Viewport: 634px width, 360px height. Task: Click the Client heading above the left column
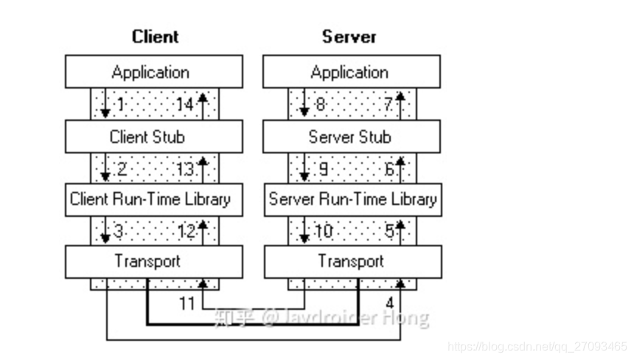pyautogui.click(x=155, y=36)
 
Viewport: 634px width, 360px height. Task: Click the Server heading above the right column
pyautogui.click(x=349, y=36)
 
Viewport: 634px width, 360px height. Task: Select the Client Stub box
pyautogui.click(x=153, y=136)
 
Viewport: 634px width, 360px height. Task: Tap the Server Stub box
pyautogui.click(x=352, y=136)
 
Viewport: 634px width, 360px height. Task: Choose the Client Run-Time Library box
pyautogui.click(x=153, y=199)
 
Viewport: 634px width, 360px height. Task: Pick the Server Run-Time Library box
pyautogui.click(x=352, y=199)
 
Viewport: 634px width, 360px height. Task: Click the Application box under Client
pyautogui.click(x=153, y=72)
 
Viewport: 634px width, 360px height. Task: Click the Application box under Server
pyautogui.click(x=352, y=72)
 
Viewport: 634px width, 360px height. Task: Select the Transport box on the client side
pyautogui.click(x=153, y=261)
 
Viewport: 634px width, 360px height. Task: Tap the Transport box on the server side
pyautogui.click(x=352, y=261)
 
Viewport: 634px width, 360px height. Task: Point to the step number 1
pyautogui.click(x=120, y=105)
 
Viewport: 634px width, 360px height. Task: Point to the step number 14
pyautogui.click(x=184, y=105)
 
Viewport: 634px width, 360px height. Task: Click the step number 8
pyautogui.click(x=320, y=105)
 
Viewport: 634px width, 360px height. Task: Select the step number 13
pyautogui.click(x=184, y=169)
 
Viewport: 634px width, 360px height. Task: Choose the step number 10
pyautogui.click(x=323, y=232)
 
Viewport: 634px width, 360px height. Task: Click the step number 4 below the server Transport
pyautogui.click(x=389, y=302)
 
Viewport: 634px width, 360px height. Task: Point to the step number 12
pyautogui.click(x=185, y=232)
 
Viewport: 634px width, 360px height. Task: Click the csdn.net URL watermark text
pyautogui.click(x=537, y=346)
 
